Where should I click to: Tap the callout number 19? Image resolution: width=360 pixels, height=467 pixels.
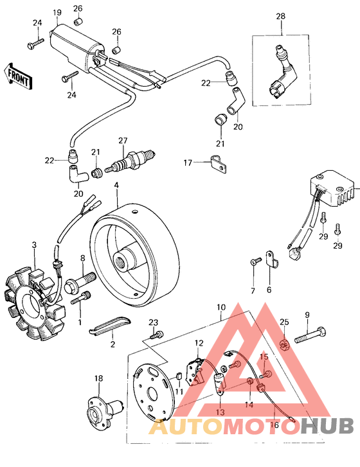coord(57,13)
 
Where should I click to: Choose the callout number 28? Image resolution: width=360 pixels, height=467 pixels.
coord(280,15)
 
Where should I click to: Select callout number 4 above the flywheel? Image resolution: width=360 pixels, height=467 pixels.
coord(116,186)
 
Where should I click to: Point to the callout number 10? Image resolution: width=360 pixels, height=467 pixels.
coord(222,308)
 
